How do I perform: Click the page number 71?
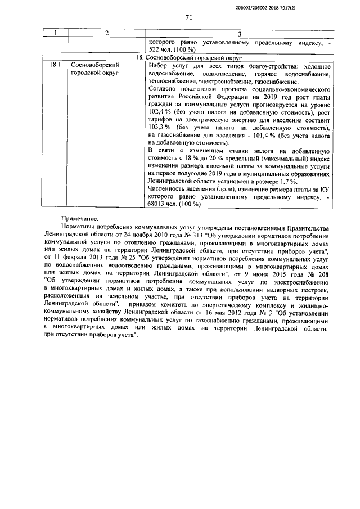click(x=189, y=17)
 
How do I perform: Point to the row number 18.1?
click(x=55, y=65)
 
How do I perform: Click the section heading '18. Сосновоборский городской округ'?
click(x=190, y=57)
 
